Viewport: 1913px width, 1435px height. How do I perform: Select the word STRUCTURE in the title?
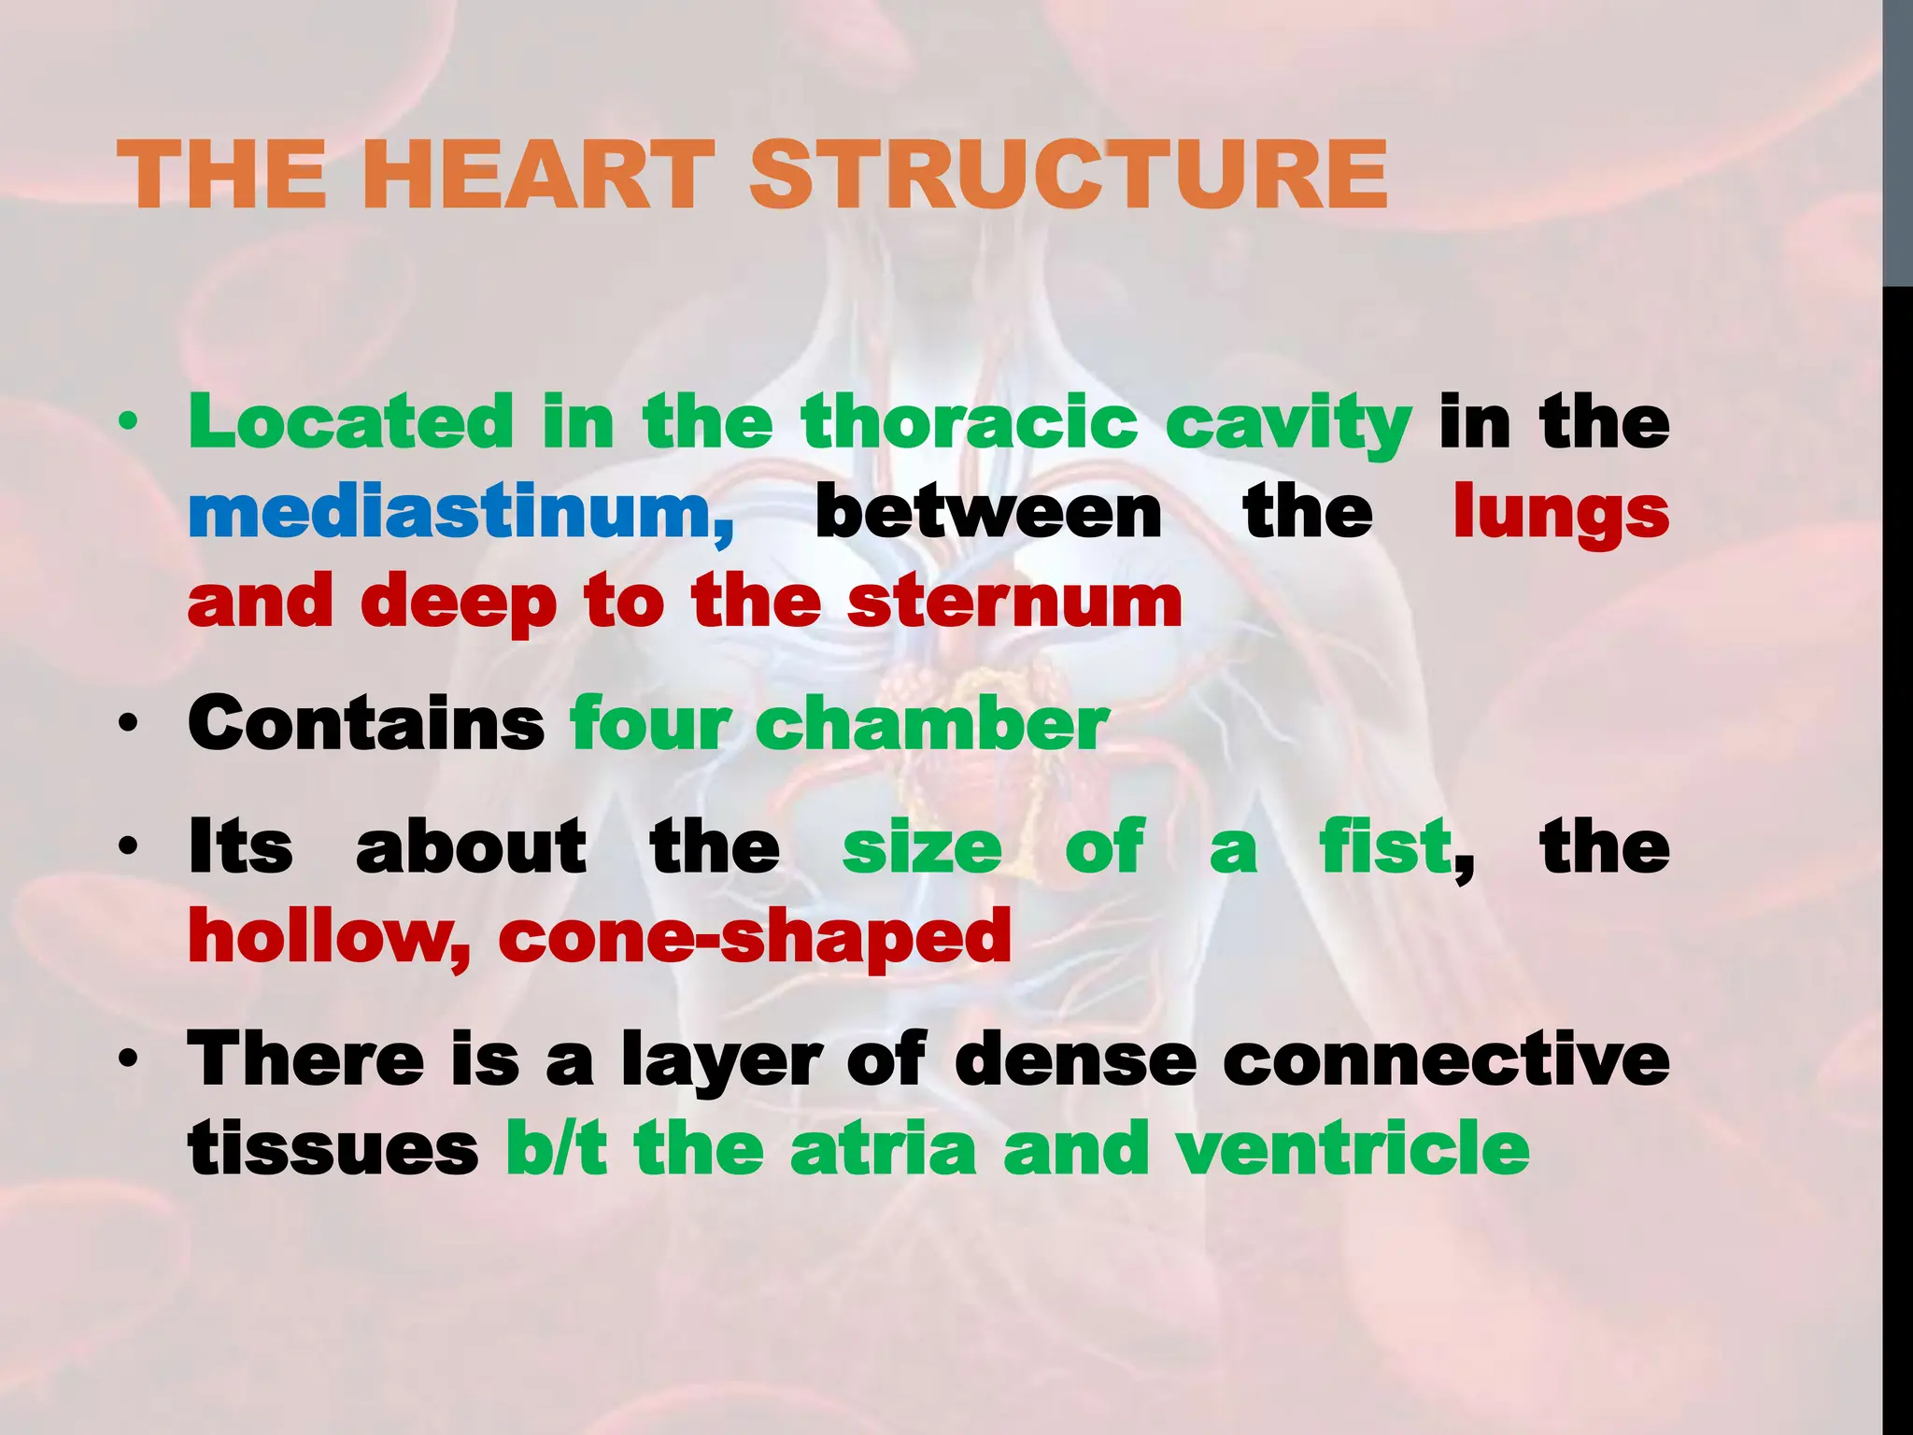coord(1069,175)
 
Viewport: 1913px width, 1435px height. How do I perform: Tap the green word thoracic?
coord(970,422)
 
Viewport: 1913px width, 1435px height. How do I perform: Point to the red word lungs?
coord(1561,513)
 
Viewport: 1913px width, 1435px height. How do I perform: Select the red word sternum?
coord(1014,603)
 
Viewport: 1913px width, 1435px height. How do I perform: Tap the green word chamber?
coord(931,724)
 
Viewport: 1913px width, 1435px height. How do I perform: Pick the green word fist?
coord(1386,846)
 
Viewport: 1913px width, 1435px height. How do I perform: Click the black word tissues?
coord(333,1150)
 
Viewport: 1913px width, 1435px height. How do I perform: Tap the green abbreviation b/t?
coord(557,1150)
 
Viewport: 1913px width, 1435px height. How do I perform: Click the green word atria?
coord(883,1150)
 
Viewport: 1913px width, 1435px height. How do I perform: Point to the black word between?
coord(988,513)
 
